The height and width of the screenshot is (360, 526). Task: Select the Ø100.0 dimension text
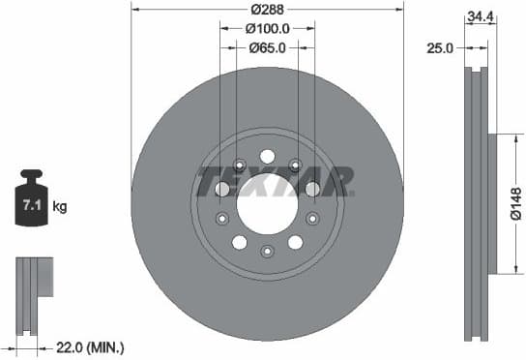[x=267, y=28]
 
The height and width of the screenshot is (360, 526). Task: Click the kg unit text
[x=60, y=206]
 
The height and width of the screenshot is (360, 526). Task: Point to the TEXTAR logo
[x=276, y=181]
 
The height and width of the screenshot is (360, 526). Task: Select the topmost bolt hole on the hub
[x=267, y=155]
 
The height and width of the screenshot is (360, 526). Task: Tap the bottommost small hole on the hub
[x=267, y=251]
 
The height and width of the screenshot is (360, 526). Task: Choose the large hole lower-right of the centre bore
[x=295, y=242]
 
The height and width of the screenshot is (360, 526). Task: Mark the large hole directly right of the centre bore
[x=312, y=190]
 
